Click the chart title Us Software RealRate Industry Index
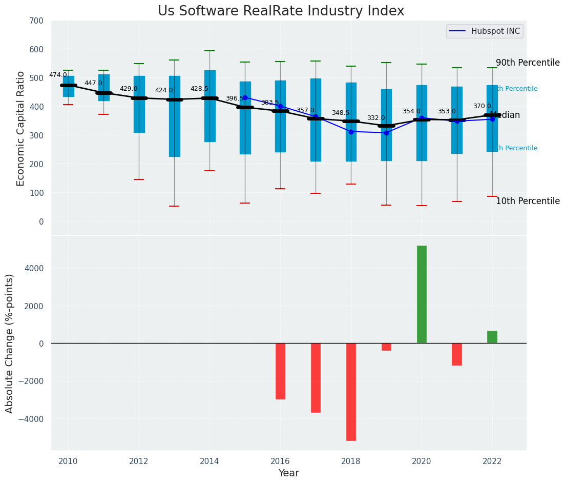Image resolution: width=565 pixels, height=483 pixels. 281,11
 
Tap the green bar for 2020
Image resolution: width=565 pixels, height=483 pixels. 422,294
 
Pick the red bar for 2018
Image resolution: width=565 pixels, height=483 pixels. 351,392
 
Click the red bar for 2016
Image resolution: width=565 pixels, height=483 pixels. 280,371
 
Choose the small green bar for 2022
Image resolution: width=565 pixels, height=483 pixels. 492,337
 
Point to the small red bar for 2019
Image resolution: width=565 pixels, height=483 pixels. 386,347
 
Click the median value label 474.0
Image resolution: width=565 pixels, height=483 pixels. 58,75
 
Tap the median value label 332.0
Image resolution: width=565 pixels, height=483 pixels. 376,118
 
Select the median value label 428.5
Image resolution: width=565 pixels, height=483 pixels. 199,89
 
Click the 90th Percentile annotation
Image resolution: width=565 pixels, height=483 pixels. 528,63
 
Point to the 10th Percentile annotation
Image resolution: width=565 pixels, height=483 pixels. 528,201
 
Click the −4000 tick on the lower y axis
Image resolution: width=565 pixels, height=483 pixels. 33,419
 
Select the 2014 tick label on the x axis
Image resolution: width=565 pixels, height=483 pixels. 210,461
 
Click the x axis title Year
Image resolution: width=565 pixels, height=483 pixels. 288,473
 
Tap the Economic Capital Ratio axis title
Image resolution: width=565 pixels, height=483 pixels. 21,128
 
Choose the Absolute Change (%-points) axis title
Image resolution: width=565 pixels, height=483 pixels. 10,343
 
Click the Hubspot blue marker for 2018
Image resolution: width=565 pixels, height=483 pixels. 351,132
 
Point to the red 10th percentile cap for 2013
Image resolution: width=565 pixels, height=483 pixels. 174,206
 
